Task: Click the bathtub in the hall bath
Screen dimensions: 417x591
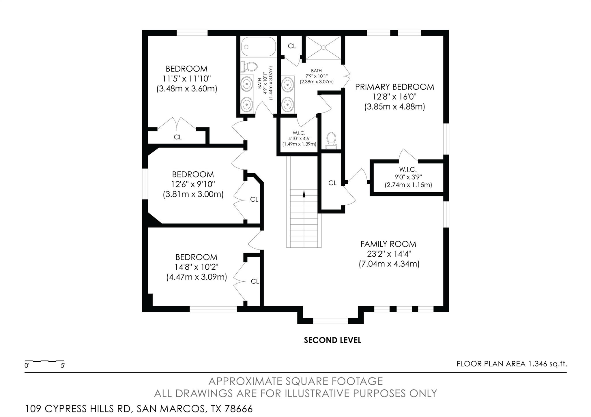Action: pyautogui.click(x=258, y=46)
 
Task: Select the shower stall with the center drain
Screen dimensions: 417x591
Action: pyautogui.click(x=323, y=47)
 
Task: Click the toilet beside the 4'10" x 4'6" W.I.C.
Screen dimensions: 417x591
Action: pyautogui.click(x=331, y=140)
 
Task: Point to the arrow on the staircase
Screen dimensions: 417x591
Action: pyautogui.click(x=304, y=194)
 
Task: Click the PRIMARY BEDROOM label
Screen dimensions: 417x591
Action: pyautogui.click(x=394, y=87)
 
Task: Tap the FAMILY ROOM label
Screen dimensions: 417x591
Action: pyautogui.click(x=388, y=244)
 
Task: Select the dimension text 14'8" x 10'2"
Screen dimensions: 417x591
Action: pyautogui.click(x=197, y=267)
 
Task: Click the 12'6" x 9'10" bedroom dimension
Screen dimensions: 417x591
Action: pyautogui.click(x=193, y=184)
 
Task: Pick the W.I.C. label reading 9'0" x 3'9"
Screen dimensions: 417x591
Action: pyautogui.click(x=408, y=177)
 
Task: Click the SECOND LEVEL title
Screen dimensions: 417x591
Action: pyautogui.click(x=332, y=340)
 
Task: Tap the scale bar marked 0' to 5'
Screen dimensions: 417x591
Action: pyautogui.click(x=45, y=361)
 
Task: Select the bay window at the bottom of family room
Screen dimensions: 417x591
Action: pyautogui.click(x=330, y=321)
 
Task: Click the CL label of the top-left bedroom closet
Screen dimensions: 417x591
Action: pyautogui.click(x=178, y=137)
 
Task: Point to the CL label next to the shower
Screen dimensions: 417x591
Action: pyautogui.click(x=292, y=46)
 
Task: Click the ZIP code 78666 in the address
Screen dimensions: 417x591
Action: pyautogui.click(x=238, y=409)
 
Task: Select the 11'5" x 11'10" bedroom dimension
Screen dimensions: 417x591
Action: pyautogui.click(x=187, y=78)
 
